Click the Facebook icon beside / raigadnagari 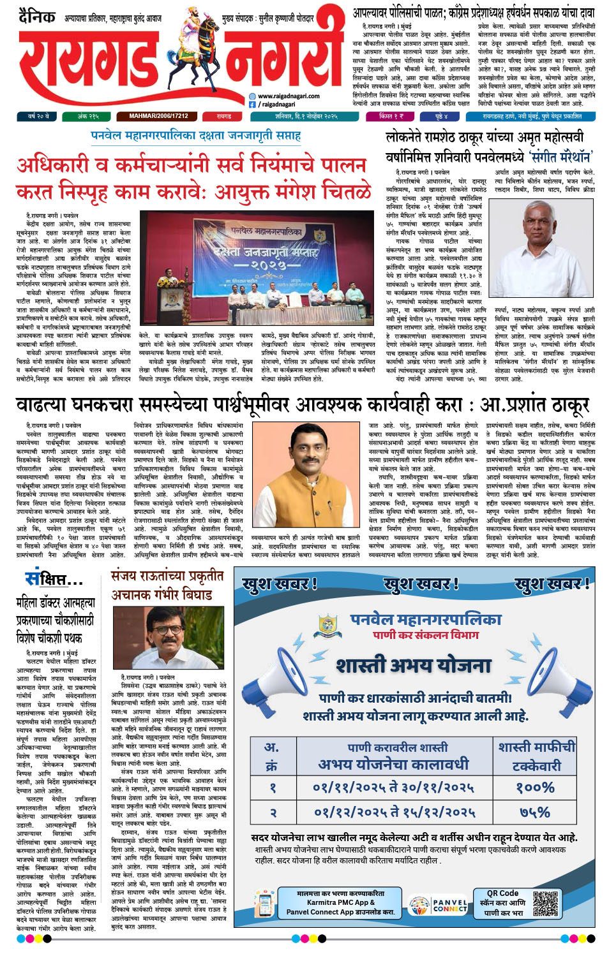[253, 104]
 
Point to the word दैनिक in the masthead [37, 16]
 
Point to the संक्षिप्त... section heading [54, 579]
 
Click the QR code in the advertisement [545, 903]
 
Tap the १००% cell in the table [536, 788]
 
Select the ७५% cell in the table [536, 812]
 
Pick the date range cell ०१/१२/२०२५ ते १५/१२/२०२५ [395, 812]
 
